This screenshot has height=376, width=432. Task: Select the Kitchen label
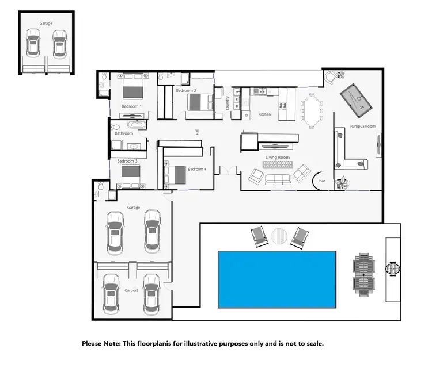click(x=264, y=114)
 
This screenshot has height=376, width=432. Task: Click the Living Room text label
click(x=277, y=156)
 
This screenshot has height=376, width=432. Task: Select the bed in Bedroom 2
click(x=199, y=102)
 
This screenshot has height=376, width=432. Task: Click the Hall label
click(x=197, y=132)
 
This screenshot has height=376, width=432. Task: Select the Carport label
click(x=131, y=291)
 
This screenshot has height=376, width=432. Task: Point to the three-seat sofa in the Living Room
click(x=278, y=179)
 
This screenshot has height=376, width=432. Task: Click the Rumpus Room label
click(x=363, y=126)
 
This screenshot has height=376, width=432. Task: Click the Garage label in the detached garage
click(x=46, y=24)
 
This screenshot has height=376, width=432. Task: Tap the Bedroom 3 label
click(x=127, y=162)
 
